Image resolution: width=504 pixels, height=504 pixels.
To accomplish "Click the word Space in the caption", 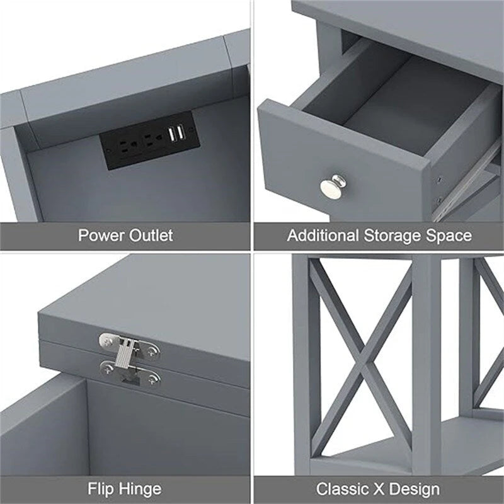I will pyautogui.click(x=450, y=237).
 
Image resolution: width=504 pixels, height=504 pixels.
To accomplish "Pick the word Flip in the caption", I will pyautogui.click(x=100, y=488).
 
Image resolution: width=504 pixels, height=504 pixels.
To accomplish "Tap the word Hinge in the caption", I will pyautogui.click(x=140, y=489).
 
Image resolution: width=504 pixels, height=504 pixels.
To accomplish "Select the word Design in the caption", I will pyautogui.click(x=416, y=489).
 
